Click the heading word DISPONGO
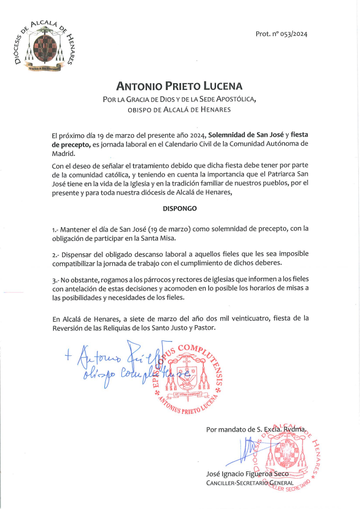click(x=179, y=208)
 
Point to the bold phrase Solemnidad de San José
click(x=246, y=136)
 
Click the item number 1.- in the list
click(x=55, y=229)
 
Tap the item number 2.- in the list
click(x=55, y=254)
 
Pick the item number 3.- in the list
click(x=55, y=279)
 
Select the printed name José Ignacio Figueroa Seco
click(x=248, y=474)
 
